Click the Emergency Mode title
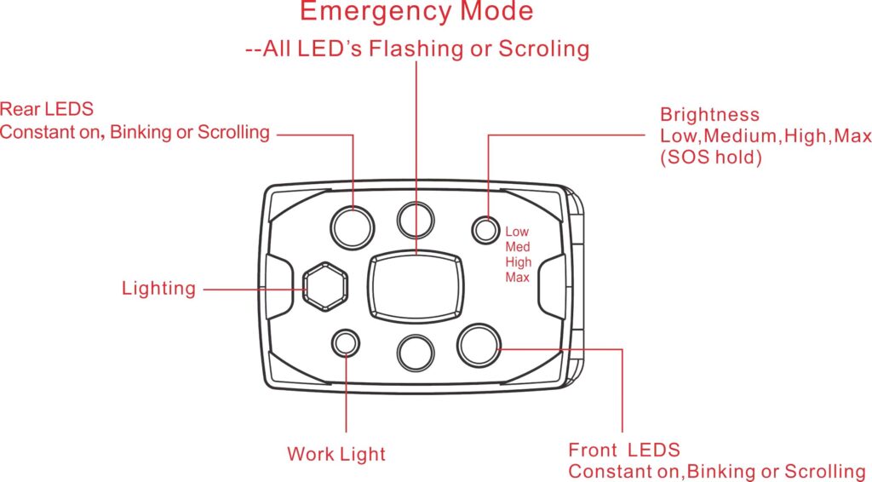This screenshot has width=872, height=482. coord(416,12)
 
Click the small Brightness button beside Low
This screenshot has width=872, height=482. coord(485,229)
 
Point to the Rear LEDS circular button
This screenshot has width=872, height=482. coord(353,227)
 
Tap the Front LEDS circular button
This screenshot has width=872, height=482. coord(478,344)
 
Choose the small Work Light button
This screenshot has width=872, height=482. coord(346,343)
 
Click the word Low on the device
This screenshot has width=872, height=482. coord(517,232)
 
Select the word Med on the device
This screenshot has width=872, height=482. coord(518,247)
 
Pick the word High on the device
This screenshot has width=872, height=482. coord(518,262)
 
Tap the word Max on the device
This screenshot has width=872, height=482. coord(517,278)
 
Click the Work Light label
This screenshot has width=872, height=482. coord(336,454)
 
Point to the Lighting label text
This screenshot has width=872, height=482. coord(158,289)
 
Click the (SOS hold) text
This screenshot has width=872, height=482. coord(711,158)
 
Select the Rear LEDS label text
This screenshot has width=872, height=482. coord(47,110)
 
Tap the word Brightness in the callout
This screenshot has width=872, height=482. coord(709,114)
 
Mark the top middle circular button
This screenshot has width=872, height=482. coord(416,218)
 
